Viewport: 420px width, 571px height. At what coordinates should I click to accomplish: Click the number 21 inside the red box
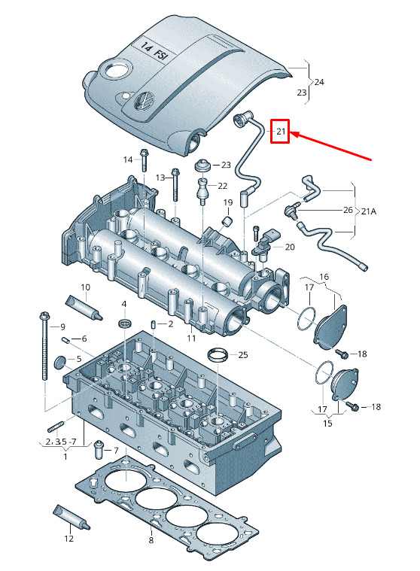pos(281,131)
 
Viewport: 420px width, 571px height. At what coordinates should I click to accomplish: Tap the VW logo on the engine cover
pos(145,101)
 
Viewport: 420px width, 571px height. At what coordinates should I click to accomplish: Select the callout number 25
pos(243,354)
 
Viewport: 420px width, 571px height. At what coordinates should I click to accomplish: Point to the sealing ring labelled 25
pos(218,355)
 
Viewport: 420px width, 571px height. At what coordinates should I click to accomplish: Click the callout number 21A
pos(369,211)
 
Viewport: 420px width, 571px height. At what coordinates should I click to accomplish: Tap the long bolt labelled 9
pos(45,346)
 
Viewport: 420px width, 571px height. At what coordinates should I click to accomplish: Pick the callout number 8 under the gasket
pos(151,540)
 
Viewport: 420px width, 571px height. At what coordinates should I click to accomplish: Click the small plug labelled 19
pos(227,221)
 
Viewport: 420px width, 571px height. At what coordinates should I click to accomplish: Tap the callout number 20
pos(290,248)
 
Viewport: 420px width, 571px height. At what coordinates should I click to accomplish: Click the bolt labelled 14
pos(143,159)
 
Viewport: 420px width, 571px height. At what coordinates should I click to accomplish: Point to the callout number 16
pos(324,277)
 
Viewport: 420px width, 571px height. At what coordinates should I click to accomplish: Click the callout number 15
pos(327,423)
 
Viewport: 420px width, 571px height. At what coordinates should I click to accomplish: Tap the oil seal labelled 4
pos(125,323)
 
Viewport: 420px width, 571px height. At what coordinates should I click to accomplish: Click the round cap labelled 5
pos(59,363)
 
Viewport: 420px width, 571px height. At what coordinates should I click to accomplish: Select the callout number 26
pos(348,210)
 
